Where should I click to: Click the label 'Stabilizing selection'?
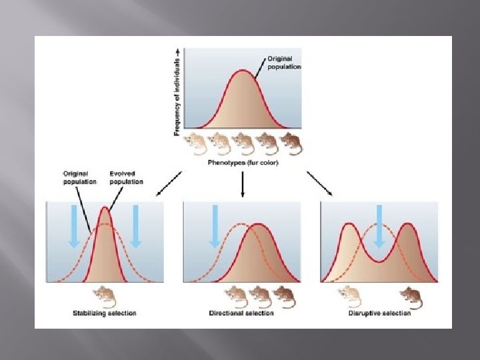[x=104, y=313]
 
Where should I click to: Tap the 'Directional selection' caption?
[x=241, y=313]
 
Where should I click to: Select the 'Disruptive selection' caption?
[x=379, y=313]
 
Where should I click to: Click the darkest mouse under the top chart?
[x=290, y=143]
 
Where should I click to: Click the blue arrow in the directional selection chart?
[x=215, y=227]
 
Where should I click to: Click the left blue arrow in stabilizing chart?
[x=73, y=227]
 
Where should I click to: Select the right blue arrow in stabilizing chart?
[x=136, y=227]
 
